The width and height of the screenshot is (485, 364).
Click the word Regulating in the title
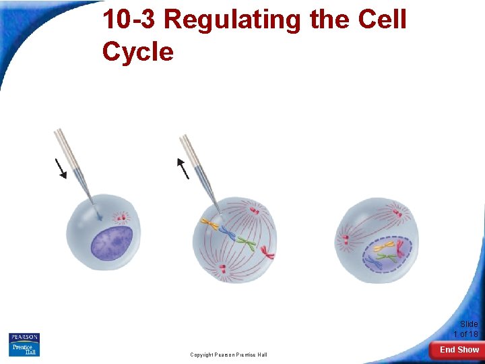tap(233, 20)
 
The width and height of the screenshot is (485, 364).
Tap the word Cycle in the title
tap(138, 51)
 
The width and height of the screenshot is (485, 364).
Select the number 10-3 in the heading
tap(129, 20)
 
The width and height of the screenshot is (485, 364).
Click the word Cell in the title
tap(383, 20)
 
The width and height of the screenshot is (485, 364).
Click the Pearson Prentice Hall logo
tap(24, 344)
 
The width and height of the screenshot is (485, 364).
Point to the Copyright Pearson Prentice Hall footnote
tap(228, 355)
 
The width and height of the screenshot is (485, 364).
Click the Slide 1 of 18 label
tap(465, 329)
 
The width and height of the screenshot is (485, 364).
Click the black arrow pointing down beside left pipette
tap(61, 169)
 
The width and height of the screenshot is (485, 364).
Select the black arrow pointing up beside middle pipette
tap(183, 169)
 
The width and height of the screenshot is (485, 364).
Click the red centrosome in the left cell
tap(121, 217)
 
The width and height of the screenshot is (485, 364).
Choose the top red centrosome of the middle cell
tap(255, 212)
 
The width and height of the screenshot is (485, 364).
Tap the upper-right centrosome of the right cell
tap(397, 216)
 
